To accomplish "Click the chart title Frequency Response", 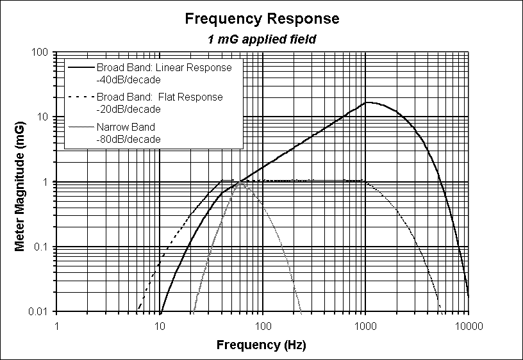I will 261,19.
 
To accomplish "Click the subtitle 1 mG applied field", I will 261,39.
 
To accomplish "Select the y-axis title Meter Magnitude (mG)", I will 20,183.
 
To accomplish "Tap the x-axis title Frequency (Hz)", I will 261,345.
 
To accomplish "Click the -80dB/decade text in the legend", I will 128,138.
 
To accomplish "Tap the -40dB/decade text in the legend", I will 128,79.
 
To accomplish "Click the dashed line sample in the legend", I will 81,97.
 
